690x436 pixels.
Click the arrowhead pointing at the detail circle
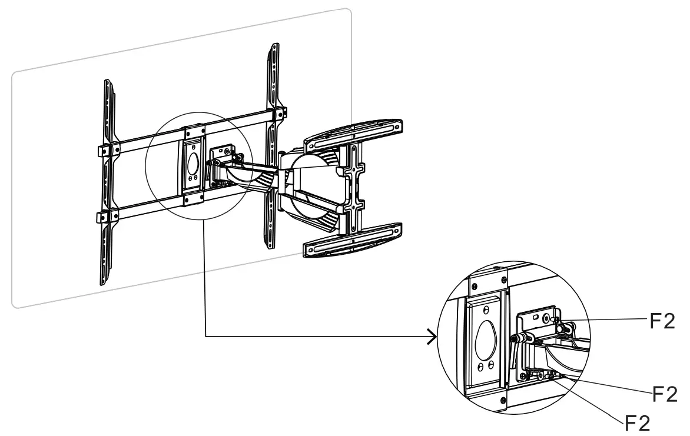433,337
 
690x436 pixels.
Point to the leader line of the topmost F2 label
606,319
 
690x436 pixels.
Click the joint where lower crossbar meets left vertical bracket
104,217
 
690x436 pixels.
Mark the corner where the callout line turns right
204,337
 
